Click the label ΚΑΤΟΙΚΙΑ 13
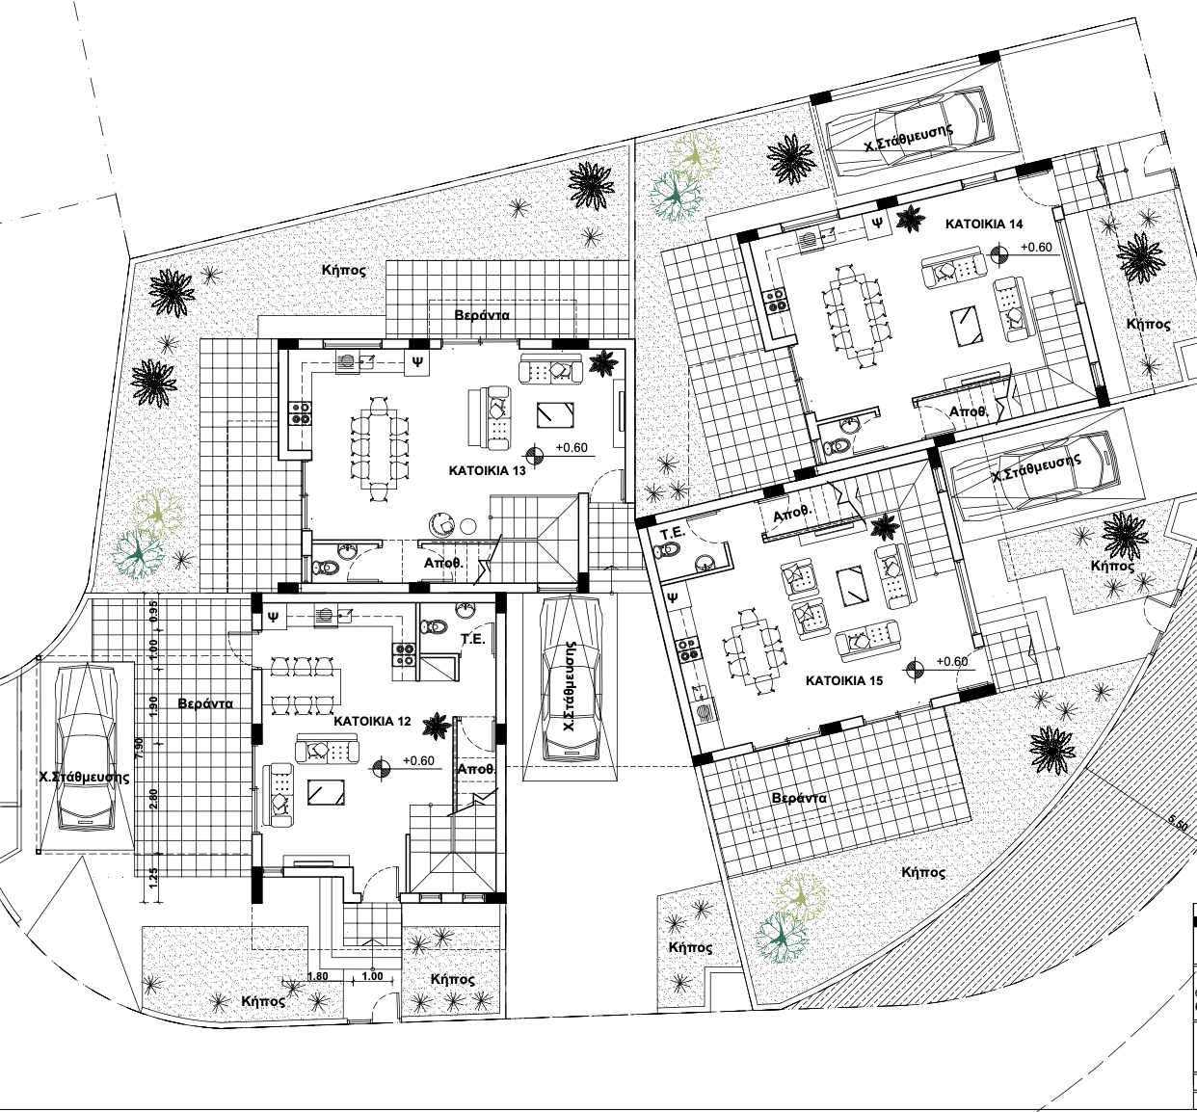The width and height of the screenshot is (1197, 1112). [487, 470]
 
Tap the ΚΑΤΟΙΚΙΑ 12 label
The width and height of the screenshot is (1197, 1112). [372, 722]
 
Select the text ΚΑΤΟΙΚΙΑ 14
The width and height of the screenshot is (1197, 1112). [984, 225]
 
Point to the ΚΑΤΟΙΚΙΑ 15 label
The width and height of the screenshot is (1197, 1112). [844, 680]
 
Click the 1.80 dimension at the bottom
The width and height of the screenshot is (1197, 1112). [318, 976]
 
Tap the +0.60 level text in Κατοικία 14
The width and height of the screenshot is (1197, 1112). [1036, 247]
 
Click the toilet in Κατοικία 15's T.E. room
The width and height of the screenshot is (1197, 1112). [667, 549]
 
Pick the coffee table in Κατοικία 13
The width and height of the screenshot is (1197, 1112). [554, 414]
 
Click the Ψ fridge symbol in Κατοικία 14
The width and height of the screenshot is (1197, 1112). [879, 222]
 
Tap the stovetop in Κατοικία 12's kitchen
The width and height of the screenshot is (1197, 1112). [403, 654]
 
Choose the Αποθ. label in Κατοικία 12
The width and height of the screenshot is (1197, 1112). [475, 769]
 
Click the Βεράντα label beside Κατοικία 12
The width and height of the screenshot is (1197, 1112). [205, 703]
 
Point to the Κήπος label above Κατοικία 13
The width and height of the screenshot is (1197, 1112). [343, 270]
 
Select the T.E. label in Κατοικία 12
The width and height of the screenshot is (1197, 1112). [473, 640]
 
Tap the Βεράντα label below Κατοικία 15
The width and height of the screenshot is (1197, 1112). [799, 798]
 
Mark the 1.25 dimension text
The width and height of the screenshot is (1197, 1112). [152, 877]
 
